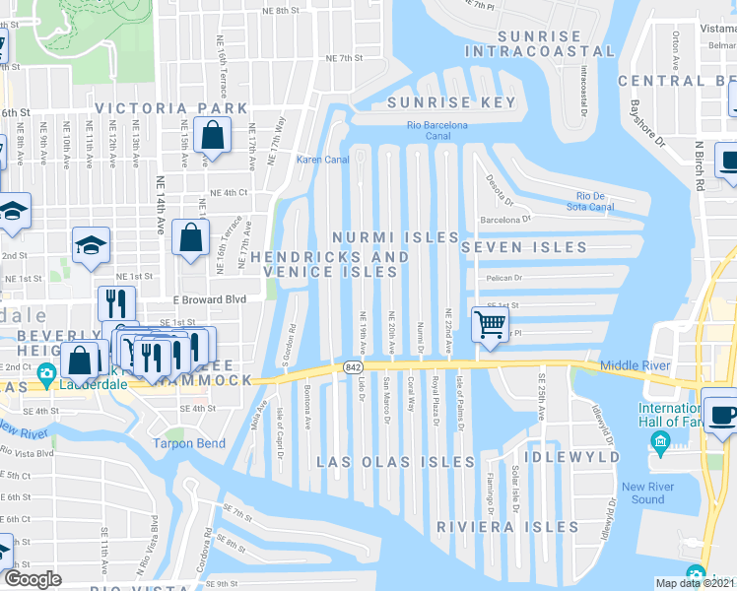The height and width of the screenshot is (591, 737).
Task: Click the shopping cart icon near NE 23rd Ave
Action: (x=490, y=324)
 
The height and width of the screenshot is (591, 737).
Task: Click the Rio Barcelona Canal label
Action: (x=437, y=131)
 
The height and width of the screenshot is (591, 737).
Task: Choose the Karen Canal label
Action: (x=317, y=159)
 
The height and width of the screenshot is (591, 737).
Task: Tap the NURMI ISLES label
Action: (x=395, y=237)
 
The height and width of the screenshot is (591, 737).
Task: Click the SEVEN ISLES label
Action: (x=524, y=247)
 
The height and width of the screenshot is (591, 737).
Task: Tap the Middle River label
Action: (x=627, y=365)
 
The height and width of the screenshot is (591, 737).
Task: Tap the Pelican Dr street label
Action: (x=503, y=279)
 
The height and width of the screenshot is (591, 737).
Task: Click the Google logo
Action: (x=33, y=579)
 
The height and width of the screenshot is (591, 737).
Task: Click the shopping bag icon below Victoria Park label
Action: (x=212, y=135)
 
